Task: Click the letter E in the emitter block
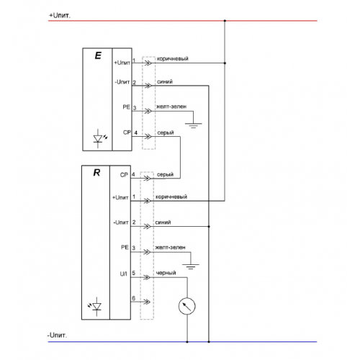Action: click(98, 55)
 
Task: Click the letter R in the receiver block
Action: click(96, 173)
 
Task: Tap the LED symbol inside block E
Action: click(99, 138)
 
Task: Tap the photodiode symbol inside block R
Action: click(95, 307)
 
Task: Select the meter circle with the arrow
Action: click(187, 306)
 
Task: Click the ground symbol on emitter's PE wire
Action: click(194, 125)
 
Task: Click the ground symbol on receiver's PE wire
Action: click(191, 266)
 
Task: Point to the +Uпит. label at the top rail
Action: click(60, 16)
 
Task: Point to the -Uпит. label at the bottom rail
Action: click(57, 335)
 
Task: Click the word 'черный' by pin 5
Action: click(166, 273)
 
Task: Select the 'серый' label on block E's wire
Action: click(166, 132)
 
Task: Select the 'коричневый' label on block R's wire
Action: click(171, 197)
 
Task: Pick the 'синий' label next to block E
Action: click(165, 81)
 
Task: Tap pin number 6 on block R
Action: click(134, 298)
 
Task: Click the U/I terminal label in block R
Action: click(123, 274)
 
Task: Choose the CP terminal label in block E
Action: click(127, 132)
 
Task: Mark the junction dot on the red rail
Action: click(225, 21)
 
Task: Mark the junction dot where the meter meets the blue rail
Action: click(187, 342)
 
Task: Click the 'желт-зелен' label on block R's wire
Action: click(170, 248)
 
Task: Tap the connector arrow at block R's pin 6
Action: click(147, 302)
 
